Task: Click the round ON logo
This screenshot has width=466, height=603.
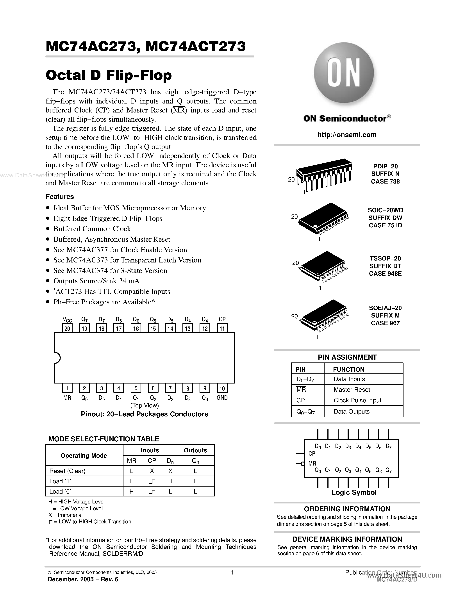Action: [344, 73]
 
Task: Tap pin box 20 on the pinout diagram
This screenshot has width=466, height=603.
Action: [67, 328]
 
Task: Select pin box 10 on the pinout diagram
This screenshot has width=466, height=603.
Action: [222, 388]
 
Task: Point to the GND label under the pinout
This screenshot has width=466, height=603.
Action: [222, 398]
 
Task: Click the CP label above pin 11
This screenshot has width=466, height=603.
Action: [222, 319]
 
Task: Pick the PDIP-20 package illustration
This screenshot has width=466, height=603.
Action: [323, 174]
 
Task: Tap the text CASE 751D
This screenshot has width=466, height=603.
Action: [385, 225]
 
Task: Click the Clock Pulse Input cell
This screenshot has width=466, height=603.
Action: [357, 400]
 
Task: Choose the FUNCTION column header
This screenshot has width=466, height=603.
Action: [348, 369]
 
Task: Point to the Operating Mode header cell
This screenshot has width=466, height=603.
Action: [84, 456]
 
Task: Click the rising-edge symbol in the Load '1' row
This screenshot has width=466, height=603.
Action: [152, 482]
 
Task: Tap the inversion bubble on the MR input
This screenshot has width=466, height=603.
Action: [303, 464]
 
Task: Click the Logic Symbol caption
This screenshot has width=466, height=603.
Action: [354, 492]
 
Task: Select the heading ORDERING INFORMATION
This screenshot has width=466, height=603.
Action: [347, 509]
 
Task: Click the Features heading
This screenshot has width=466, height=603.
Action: [60, 197]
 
